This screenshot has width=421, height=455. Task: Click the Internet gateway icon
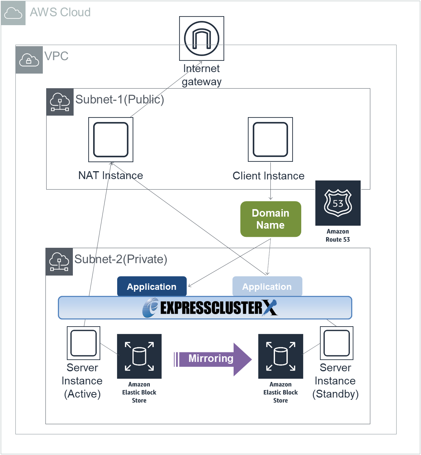202,38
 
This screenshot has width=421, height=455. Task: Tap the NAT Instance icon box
111,140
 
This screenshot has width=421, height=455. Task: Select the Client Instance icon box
270,139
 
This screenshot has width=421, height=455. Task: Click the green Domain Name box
271,219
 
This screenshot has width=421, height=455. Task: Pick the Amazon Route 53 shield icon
338,203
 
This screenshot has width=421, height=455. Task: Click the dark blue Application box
152,286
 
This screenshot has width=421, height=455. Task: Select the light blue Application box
267,286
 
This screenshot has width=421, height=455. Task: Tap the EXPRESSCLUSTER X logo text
210,308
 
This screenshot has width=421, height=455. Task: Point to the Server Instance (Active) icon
83,343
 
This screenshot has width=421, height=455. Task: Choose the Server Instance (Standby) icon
336,343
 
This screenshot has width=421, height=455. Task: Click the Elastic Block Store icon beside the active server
139,356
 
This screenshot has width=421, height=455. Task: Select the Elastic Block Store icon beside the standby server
281,356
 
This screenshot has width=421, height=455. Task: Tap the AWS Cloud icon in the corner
13,13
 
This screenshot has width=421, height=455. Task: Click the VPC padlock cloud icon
29,60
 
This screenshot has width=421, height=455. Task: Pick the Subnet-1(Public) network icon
60,102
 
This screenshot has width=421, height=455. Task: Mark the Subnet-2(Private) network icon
59,262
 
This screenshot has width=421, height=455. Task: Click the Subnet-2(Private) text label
121,259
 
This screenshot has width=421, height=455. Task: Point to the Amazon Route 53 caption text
338,235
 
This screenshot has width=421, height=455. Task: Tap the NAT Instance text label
110,175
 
